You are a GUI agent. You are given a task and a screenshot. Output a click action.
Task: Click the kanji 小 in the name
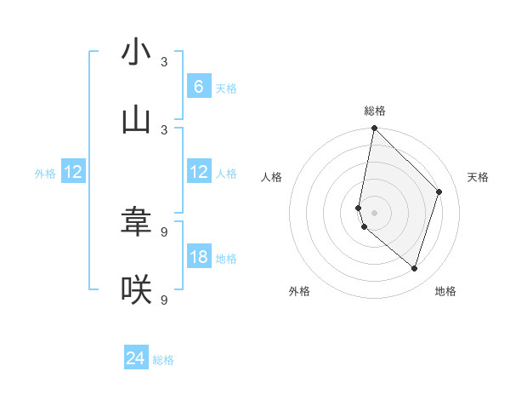point(136,53)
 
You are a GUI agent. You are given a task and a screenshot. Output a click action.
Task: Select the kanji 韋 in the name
point(136,222)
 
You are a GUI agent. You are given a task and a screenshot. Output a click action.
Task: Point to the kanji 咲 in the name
point(136,290)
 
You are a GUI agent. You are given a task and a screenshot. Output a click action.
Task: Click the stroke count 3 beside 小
point(164,62)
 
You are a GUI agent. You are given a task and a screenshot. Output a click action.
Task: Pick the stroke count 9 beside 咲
point(164,300)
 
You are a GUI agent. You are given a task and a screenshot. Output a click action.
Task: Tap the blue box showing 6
point(199,87)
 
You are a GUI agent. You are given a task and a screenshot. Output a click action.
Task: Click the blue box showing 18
point(199,257)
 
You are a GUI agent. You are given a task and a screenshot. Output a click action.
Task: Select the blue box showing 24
point(136,358)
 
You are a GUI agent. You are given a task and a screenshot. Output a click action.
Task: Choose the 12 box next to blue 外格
point(73,173)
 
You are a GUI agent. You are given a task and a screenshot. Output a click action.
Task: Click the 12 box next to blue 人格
point(199,173)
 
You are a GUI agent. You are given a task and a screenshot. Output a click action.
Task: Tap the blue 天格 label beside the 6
point(226,89)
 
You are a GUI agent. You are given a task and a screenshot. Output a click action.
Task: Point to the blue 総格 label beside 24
point(163,360)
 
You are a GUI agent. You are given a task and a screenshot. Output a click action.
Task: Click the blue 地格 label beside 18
point(226,259)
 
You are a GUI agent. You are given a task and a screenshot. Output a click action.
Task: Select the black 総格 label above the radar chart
point(375,111)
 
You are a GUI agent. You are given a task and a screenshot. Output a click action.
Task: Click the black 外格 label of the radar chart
point(299,291)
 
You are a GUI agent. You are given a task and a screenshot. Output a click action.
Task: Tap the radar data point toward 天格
point(439,191)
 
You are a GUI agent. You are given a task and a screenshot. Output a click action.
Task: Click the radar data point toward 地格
point(415,269)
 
